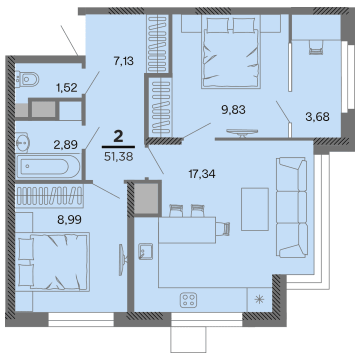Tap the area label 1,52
point(66,88)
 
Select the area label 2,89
point(65,145)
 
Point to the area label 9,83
point(233,109)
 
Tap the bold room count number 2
point(118,136)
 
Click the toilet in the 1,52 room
point(27,78)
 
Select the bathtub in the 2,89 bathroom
point(47,167)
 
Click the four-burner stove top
point(189,300)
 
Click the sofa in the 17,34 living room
point(291,207)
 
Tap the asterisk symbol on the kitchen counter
point(259,300)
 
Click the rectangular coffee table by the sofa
point(254,209)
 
